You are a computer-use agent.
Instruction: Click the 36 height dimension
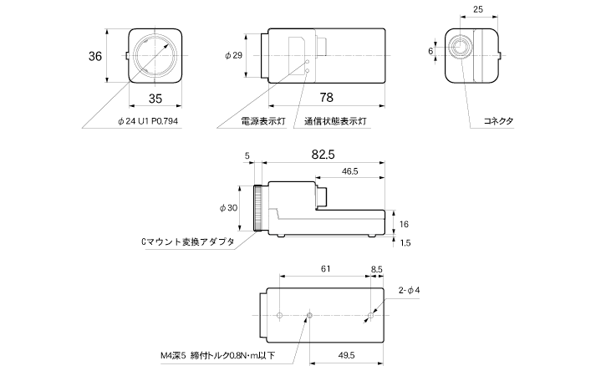click(94, 56)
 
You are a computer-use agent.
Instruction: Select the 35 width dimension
click(155, 98)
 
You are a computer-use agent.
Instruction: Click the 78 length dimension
click(325, 98)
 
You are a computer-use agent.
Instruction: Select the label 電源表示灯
click(262, 121)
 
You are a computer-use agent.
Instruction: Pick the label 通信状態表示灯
click(336, 121)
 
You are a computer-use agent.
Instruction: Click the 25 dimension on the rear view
click(476, 10)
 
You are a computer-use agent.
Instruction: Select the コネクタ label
click(499, 121)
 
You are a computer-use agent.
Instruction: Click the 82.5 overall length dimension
click(323, 156)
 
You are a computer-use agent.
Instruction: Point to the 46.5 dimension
click(350, 171)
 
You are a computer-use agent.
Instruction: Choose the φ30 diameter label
click(228, 208)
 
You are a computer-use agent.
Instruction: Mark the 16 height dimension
click(404, 224)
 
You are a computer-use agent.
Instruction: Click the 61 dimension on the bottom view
click(324, 268)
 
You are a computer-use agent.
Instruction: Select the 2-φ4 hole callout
click(409, 290)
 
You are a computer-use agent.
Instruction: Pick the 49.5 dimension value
click(345, 355)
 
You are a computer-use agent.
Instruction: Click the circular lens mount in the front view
click(155, 55)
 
